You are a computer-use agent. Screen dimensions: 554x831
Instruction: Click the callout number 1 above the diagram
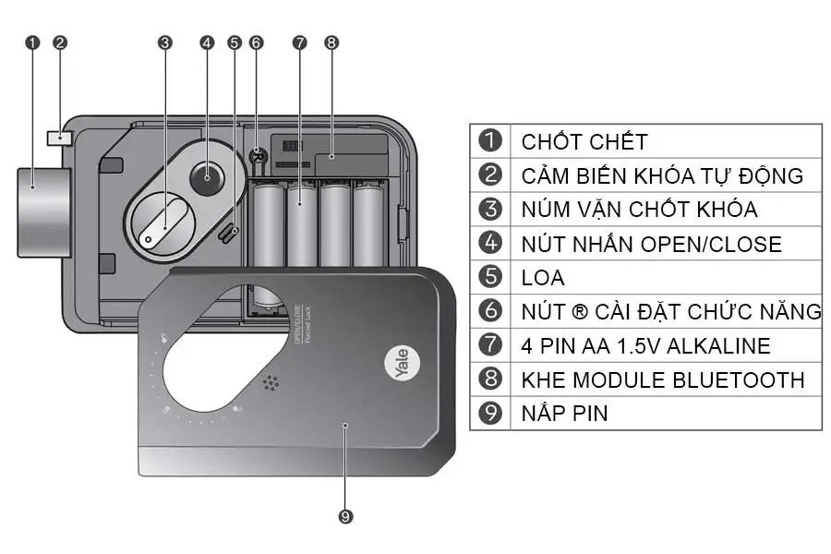[x=33, y=42]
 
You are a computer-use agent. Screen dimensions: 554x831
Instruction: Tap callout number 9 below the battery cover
[x=346, y=517]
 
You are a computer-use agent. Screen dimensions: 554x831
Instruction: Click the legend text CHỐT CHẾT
[x=584, y=141]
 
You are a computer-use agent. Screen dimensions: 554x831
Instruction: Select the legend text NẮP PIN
[x=564, y=413]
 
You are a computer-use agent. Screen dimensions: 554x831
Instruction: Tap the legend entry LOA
[x=542, y=277]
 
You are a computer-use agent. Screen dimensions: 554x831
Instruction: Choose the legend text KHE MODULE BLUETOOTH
[x=662, y=379]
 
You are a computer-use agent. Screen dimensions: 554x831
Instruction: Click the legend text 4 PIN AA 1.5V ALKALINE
[x=645, y=345]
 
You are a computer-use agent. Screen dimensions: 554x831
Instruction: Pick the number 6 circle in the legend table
[x=490, y=311]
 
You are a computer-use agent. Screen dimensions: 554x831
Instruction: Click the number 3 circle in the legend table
[x=490, y=210]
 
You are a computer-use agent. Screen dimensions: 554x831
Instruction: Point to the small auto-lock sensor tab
[x=59, y=137]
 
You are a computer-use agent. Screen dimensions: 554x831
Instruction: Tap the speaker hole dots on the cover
[x=271, y=383]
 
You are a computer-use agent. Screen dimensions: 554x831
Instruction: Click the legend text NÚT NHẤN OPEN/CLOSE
[x=651, y=244]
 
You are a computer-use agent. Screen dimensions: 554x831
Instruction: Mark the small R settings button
[x=259, y=157]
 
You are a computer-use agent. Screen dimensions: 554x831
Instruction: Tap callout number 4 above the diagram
[x=207, y=42]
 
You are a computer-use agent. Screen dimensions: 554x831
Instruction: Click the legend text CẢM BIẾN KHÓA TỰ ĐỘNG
[x=662, y=175]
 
